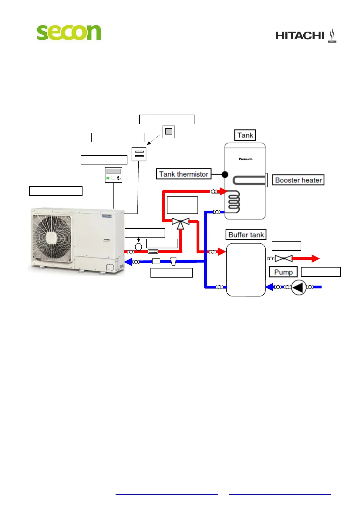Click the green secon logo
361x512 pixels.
click(69, 32)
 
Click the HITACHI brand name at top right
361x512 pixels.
click(300, 36)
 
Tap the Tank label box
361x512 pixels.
click(245, 135)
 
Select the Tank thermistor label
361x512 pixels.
click(184, 174)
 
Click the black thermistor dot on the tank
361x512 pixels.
click(225, 175)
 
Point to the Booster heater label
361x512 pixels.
click(298, 180)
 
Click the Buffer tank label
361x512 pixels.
click(246, 235)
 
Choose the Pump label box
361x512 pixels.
click(283, 272)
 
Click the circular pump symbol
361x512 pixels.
click(299, 287)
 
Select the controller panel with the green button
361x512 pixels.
click(113, 175)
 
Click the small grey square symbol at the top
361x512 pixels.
click(169, 132)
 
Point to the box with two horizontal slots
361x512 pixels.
click(139, 154)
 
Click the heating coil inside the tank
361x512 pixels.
click(234, 201)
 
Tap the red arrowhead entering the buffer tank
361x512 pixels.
click(222, 252)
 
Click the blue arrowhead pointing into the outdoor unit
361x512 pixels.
click(128, 262)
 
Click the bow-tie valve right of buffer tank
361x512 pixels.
click(284, 259)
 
